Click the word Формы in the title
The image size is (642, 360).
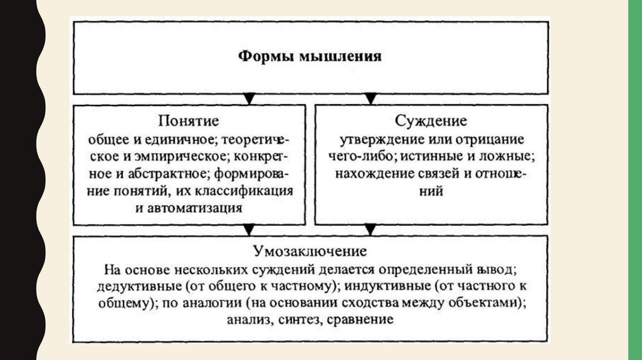click(259, 56)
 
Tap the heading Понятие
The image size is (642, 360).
click(188, 120)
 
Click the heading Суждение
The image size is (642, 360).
click(431, 120)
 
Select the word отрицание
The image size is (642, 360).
click(484, 137)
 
